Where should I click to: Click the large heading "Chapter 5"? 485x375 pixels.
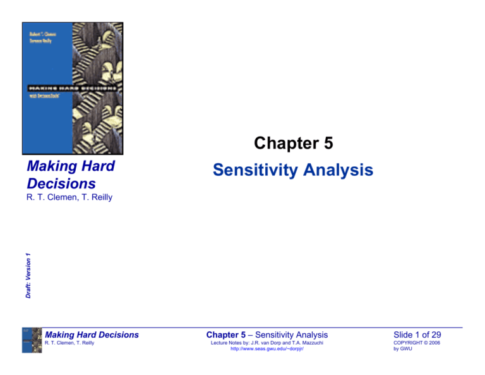click(x=293, y=144)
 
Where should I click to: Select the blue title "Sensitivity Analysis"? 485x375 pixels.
click(x=293, y=170)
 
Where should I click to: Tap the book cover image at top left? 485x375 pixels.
click(x=72, y=89)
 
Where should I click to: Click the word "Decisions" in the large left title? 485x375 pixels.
click(x=62, y=183)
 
